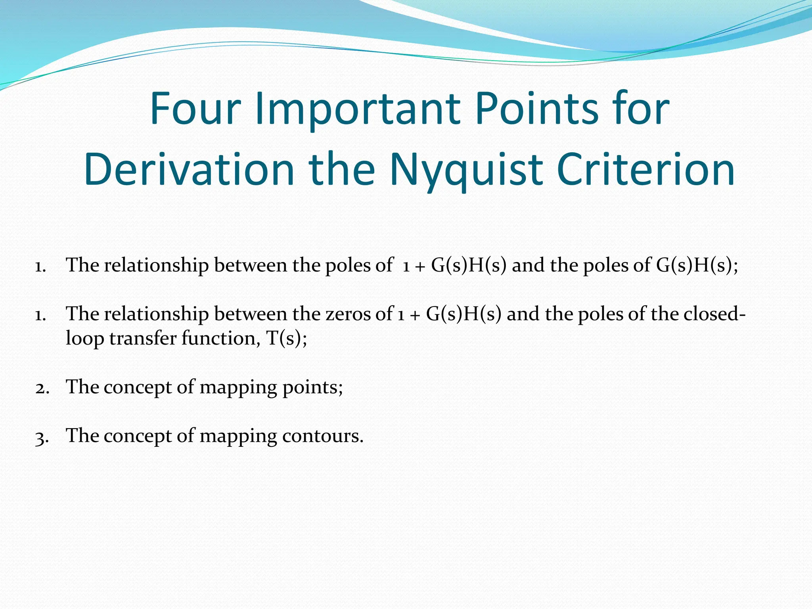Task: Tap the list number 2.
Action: pyautogui.click(x=42, y=388)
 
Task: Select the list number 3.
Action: pyautogui.click(x=42, y=437)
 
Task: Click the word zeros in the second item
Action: pyautogui.click(x=349, y=314)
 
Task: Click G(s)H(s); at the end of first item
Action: pyautogui.click(x=697, y=265)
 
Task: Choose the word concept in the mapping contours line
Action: pyautogui.click(x=137, y=436)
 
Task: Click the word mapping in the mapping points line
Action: pyautogui.click(x=238, y=387)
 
